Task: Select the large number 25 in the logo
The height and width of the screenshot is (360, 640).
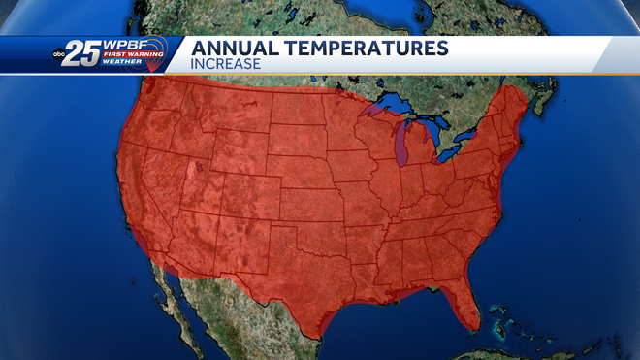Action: [85, 55]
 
